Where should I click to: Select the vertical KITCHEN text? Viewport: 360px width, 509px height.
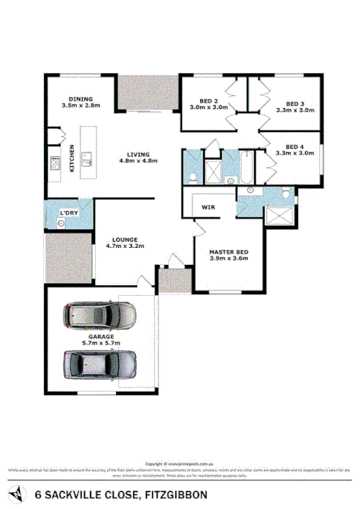72,158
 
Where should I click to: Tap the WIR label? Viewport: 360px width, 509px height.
208,207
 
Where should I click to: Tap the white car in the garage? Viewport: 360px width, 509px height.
101,314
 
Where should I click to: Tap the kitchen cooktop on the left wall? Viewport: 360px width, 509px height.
55,163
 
